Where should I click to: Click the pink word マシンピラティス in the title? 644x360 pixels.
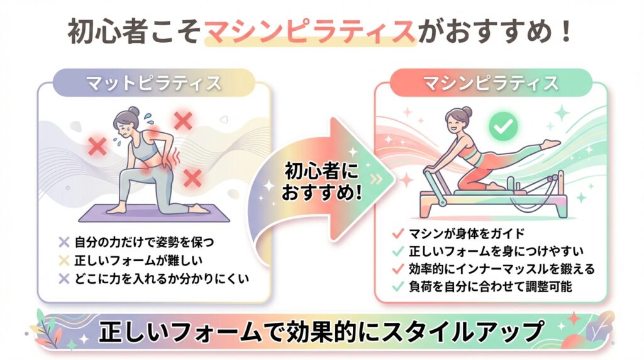310,31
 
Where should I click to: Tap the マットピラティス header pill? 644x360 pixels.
154,83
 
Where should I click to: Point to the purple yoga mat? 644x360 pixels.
154,213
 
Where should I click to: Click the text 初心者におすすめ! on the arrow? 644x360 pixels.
321,182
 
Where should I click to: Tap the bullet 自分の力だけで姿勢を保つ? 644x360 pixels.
144,242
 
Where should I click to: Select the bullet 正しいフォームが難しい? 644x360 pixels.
138,260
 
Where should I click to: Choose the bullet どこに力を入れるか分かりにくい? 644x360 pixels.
162,279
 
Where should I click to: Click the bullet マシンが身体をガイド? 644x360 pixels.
467,233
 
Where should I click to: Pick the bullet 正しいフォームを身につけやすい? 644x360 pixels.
496,251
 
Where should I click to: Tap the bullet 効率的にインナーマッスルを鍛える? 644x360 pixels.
502,269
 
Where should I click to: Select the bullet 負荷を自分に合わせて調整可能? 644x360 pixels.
491,286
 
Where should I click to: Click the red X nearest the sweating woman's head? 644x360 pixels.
183,121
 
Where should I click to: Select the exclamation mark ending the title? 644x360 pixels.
567,31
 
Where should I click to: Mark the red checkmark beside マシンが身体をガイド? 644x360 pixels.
398,233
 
